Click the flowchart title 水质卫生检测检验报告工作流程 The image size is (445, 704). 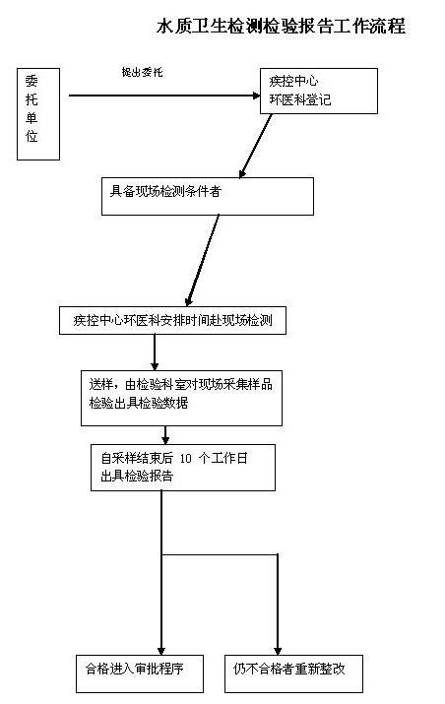tap(282, 26)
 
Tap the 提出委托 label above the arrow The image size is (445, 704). tap(143, 72)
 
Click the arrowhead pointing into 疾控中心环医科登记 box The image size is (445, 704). tap(256, 96)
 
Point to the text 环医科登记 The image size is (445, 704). tap(300, 99)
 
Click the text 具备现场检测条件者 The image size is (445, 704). tap(165, 191)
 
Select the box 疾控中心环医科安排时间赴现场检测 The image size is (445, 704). tap(172, 321)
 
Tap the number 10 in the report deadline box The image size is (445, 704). tap(185, 459)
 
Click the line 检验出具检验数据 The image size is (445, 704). tap(138, 403)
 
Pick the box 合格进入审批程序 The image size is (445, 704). tap(140, 673)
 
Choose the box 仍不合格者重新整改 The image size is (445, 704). tap(293, 673)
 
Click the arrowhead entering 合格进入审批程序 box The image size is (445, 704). tap(161, 651)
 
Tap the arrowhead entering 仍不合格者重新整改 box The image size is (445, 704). tap(278, 651)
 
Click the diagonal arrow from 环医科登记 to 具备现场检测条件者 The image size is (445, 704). tap(256, 146)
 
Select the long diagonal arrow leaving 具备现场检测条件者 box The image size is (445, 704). tap(203, 260)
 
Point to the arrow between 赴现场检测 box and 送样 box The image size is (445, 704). tap(155, 352)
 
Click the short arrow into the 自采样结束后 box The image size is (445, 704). tap(165, 435)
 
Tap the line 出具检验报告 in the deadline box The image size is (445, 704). tap(137, 476)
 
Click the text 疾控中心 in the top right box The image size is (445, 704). tap(293, 82)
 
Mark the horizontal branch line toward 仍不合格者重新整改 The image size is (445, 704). tap(220, 555)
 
